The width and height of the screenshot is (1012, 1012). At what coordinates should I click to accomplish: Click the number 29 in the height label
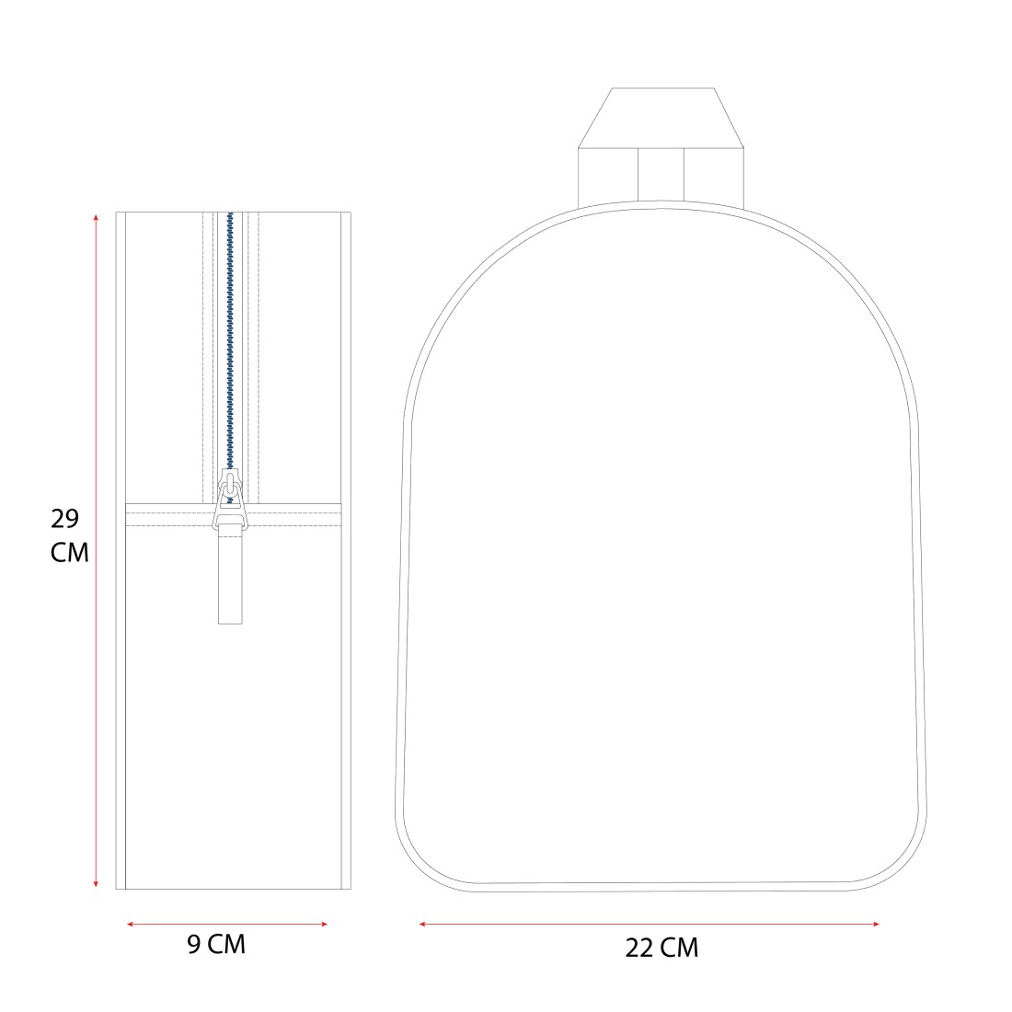click(64, 518)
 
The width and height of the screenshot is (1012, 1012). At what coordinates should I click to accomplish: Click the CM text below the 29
click(70, 553)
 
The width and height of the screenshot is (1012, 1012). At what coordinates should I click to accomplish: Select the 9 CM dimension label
click(216, 944)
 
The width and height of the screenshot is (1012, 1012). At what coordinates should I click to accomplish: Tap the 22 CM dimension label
click(661, 948)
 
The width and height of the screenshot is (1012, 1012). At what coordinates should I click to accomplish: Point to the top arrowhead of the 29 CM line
click(97, 217)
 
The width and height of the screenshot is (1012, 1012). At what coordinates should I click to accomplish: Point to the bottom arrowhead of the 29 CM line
click(97, 883)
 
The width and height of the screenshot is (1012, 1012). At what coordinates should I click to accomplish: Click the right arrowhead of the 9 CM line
click(324, 925)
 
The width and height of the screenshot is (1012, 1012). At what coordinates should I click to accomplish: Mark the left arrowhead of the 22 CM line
click(423, 925)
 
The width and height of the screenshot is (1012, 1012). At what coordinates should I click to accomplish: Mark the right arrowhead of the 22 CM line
click(875, 925)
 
